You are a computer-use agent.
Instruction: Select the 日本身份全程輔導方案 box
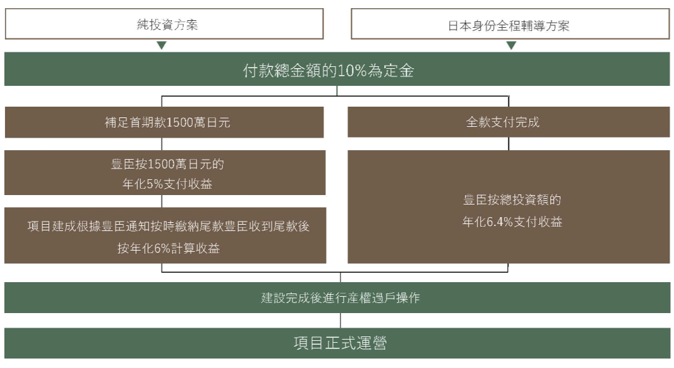[x=510, y=26]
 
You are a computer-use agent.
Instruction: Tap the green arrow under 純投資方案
[x=162, y=45]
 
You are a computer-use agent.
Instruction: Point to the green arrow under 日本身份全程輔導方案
[x=511, y=45]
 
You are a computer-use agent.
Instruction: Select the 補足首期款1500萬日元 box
[x=164, y=122]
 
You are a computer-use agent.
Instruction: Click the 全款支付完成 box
[x=509, y=122]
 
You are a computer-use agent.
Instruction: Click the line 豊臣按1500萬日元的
[x=164, y=165]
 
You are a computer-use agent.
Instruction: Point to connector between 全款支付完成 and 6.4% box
[x=509, y=144]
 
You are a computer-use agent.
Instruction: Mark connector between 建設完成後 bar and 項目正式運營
[x=341, y=321]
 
